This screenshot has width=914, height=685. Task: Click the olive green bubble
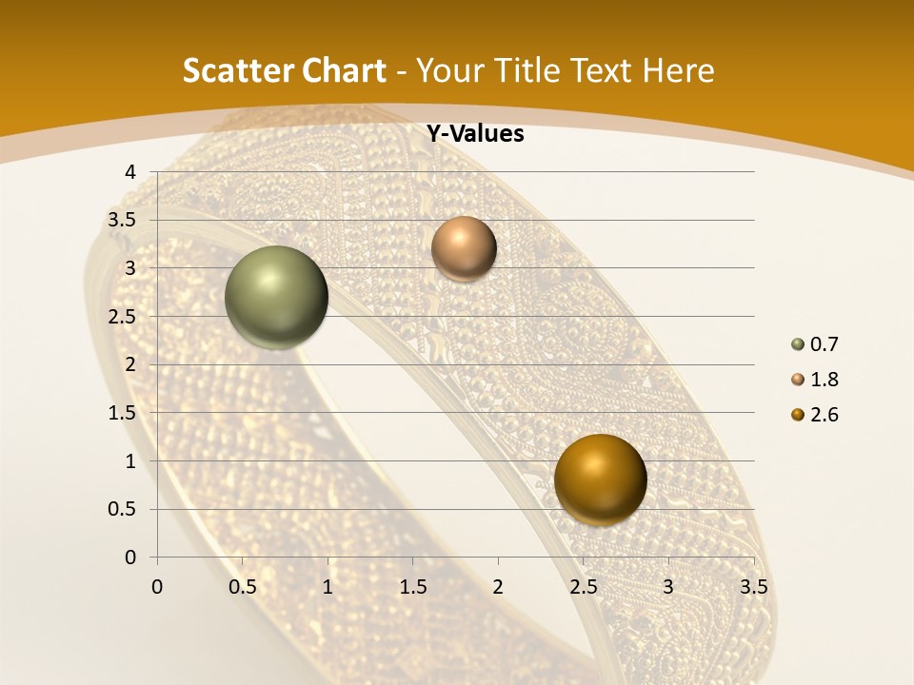coord(276,297)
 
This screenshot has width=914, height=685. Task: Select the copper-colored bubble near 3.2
coord(464,248)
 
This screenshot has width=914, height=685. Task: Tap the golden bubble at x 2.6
coord(600,479)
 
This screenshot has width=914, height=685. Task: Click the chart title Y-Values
coord(475,134)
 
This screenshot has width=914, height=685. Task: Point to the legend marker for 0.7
coord(798,344)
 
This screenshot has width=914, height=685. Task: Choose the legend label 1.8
coord(825,380)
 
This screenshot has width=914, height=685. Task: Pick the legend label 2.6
coord(825,415)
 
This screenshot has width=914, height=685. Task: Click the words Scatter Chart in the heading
coord(285,70)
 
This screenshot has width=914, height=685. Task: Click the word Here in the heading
coord(678,70)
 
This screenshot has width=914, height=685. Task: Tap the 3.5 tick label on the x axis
coord(753,587)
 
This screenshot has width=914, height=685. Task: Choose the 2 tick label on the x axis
coord(498,587)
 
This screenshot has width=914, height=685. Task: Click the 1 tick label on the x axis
coord(328,587)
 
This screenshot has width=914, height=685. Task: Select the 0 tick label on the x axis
coord(157,587)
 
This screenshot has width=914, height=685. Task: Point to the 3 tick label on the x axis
coord(668,587)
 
